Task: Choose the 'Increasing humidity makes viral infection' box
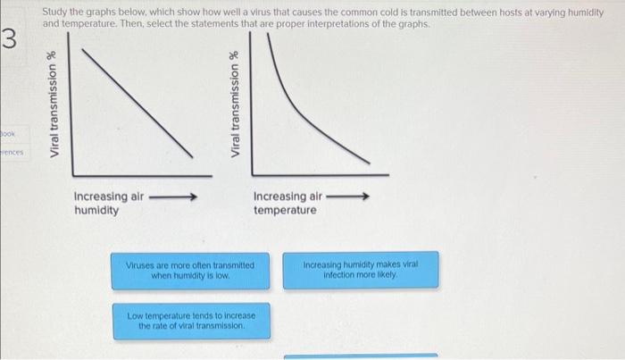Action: point(361,271)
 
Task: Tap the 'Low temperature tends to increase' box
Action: point(192,321)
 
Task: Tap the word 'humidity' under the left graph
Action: point(96,211)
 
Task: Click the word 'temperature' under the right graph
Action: point(285,211)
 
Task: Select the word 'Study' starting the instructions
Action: point(55,10)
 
